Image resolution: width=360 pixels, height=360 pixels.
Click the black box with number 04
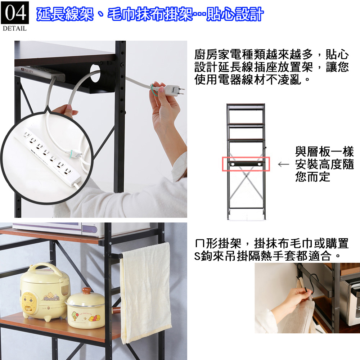[x=15, y=12]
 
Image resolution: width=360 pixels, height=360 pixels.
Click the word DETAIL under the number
[x=15, y=28]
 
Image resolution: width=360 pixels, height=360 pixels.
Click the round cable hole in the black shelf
[x=95, y=73]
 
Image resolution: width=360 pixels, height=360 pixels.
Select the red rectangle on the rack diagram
[x=246, y=164]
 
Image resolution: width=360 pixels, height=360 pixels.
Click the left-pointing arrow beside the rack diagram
[x=283, y=165]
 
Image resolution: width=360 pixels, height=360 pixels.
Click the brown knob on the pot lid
[x=87, y=291]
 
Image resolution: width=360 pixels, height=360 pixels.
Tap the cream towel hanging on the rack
[x=146, y=293]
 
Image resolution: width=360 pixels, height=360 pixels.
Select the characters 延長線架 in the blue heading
[x=65, y=14]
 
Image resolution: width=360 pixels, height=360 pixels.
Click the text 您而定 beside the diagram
[x=313, y=176]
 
